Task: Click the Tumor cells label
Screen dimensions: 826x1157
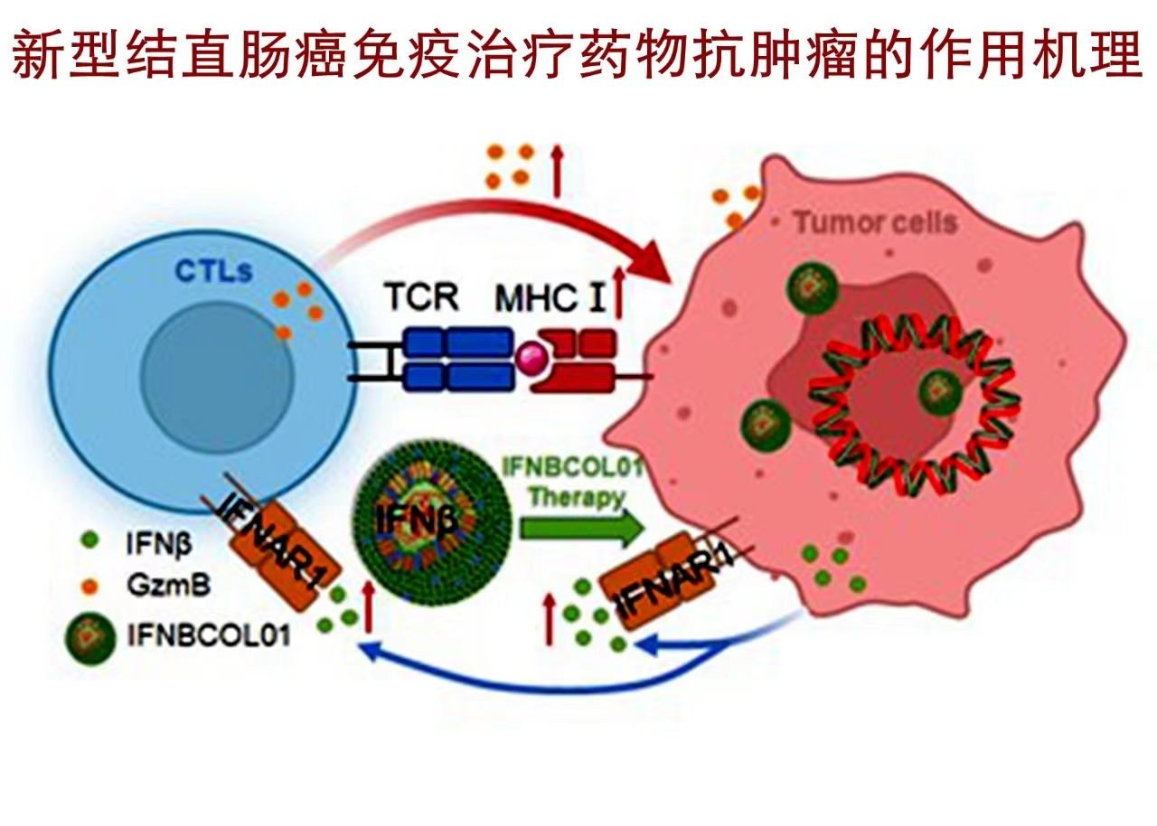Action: [x=875, y=221]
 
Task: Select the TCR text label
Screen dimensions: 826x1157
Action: [x=421, y=296]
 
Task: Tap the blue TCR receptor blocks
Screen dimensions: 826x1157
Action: [x=456, y=358]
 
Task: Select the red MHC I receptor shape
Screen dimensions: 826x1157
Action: [x=578, y=360]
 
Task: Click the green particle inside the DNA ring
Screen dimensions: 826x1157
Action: [x=941, y=390]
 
